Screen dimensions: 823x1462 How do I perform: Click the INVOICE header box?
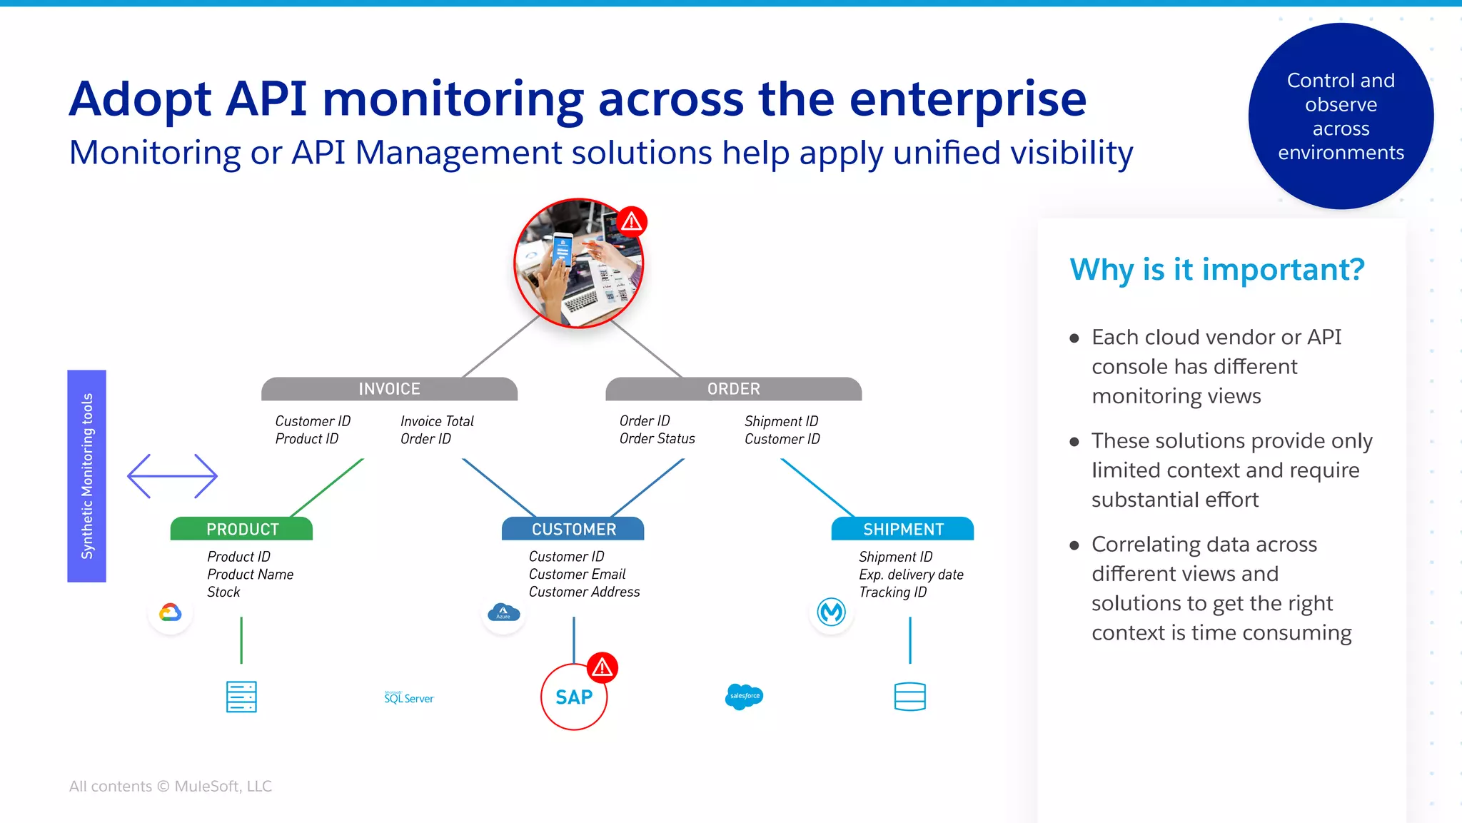pos(389,389)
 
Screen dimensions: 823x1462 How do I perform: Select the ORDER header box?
pos(733,389)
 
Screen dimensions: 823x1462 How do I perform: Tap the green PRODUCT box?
pos(242,529)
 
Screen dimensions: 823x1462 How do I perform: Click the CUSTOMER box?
pos(573,529)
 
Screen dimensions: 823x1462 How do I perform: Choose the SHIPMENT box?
pos(903,529)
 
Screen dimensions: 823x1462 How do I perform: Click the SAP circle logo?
pos(573,697)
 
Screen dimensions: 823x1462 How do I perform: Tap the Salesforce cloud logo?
pos(744,696)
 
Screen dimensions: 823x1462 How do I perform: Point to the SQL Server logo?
pos(408,697)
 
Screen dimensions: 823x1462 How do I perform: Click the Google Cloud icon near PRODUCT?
pos(171,612)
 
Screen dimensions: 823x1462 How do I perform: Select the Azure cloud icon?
pos(503,612)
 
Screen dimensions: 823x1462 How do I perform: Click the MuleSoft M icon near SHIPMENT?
pos(832,612)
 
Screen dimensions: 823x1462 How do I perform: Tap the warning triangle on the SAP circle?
pos(603,667)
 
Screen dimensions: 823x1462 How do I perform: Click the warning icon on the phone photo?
pos(632,222)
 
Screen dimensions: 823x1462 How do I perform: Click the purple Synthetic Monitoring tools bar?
pos(86,475)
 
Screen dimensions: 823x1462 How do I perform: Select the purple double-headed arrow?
pos(172,475)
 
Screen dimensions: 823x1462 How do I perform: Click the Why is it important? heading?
pos(1217,270)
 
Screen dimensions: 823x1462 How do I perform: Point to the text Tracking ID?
pos(892,592)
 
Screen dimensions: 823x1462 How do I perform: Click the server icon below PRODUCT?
pos(241,697)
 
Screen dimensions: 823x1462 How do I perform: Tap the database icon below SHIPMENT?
pos(909,697)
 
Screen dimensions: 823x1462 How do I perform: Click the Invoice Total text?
pos(437,421)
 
